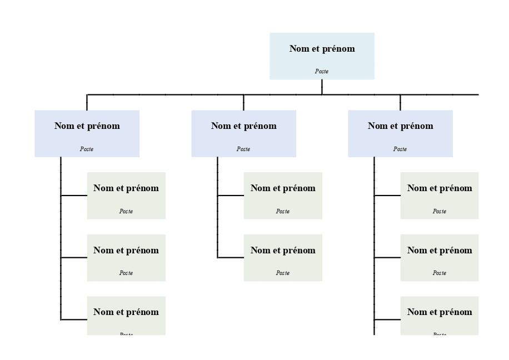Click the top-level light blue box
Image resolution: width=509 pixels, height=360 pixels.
[322, 56]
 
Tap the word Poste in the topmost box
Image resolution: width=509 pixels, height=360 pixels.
[322, 72]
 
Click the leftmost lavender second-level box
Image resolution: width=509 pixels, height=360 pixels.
[87, 133]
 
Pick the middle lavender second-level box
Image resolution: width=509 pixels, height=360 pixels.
[243, 133]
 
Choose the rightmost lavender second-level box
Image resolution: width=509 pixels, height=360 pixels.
[400, 133]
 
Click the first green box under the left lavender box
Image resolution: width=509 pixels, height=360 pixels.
[126, 196]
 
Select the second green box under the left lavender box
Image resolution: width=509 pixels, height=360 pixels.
[126, 258]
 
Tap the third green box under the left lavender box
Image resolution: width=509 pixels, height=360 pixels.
[126, 316]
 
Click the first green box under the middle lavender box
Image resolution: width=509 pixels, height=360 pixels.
[283, 196]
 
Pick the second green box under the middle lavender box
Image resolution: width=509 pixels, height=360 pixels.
[283, 258]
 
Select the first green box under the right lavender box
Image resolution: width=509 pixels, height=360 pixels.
[440, 196]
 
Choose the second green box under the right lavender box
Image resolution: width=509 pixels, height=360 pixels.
[440, 258]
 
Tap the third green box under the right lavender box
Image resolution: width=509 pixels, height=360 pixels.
[440, 316]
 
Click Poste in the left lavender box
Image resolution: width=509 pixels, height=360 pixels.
[87, 149]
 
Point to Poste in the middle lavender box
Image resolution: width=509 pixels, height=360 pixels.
[243, 149]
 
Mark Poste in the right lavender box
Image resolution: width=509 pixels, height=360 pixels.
[400, 149]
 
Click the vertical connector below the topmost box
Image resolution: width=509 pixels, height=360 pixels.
[322, 87]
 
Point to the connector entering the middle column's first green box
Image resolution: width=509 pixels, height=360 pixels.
[231, 196]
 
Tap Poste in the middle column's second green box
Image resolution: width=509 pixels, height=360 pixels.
[283, 273]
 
